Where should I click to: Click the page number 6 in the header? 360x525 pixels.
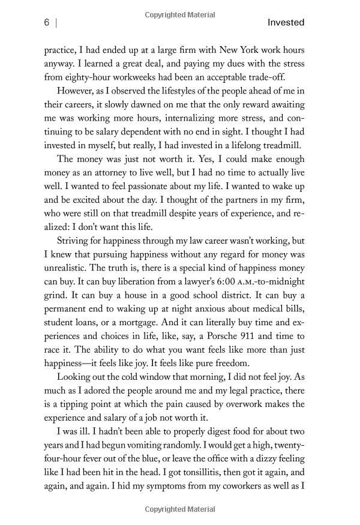(x=46, y=23)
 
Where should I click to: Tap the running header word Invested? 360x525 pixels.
(x=286, y=23)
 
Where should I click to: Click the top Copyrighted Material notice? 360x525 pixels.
(x=179, y=6)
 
